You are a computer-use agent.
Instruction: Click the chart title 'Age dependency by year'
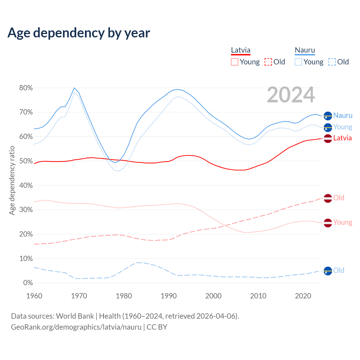(x=79, y=33)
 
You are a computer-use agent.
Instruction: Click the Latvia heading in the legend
(x=240, y=50)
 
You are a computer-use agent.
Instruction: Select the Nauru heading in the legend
(x=305, y=50)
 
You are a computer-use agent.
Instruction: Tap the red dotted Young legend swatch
(x=235, y=62)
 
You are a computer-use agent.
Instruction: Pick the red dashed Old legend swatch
(x=268, y=62)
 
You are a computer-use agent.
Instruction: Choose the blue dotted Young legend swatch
(x=298, y=62)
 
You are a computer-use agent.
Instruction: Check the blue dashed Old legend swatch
(x=332, y=62)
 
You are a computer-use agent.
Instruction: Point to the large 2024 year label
(x=291, y=95)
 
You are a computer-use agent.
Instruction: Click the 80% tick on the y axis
(x=26, y=88)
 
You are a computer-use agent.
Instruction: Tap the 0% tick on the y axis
(x=28, y=283)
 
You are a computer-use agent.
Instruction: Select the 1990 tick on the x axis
(x=169, y=296)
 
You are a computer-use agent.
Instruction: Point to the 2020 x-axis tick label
(x=303, y=296)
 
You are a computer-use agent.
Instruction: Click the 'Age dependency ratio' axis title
(x=12, y=180)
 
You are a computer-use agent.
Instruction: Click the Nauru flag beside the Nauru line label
(x=328, y=116)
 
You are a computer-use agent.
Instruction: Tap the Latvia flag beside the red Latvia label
(x=328, y=138)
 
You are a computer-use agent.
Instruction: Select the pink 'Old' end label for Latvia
(x=339, y=198)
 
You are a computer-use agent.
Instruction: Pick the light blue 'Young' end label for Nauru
(x=343, y=127)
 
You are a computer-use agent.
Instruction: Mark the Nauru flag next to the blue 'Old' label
(x=328, y=271)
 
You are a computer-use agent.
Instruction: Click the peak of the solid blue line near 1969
(x=74, y=88)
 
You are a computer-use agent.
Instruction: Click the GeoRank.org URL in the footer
(x=76, y=327)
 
